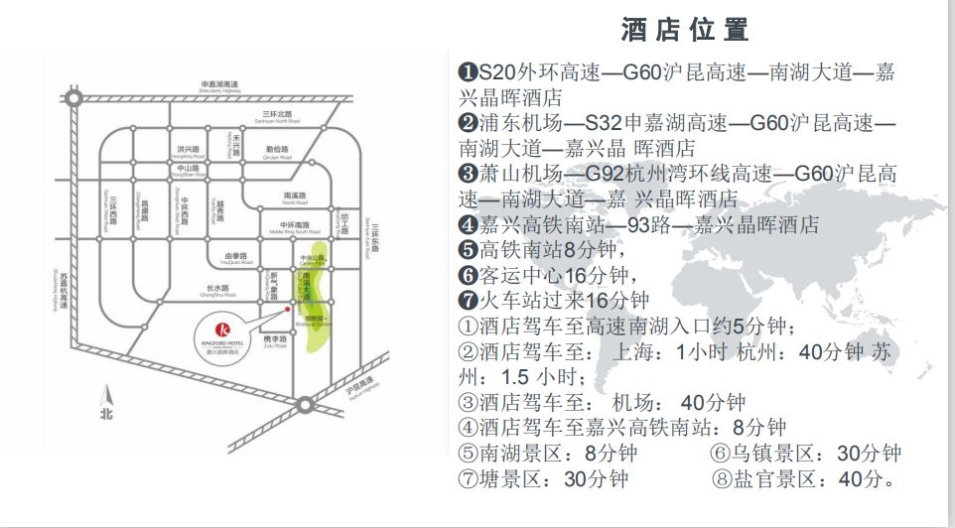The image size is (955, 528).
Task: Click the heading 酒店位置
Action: [684, 29]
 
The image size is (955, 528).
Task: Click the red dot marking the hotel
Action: [287, 309]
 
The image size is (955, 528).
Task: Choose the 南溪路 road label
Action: [294, 197]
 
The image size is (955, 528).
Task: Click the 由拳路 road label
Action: [235, 257]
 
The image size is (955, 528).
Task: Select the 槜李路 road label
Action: [274, 340]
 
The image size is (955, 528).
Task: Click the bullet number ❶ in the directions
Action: [469, 73]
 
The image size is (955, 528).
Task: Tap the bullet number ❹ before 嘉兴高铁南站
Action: [469, 225]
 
